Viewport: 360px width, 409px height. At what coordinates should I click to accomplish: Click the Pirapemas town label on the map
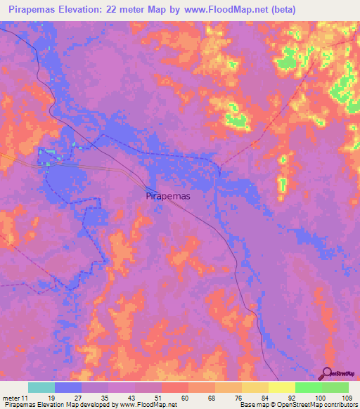[167, 197]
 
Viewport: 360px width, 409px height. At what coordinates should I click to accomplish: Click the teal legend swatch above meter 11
[41, 387]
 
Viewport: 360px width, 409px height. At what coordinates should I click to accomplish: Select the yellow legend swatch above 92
[282, 387]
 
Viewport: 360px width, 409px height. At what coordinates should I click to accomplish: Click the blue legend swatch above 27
[68, 387]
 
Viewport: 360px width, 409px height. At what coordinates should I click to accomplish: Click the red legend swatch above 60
[175, 387]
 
